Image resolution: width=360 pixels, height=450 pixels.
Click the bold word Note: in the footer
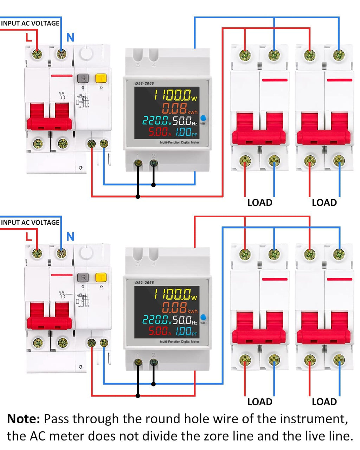click(24, 419)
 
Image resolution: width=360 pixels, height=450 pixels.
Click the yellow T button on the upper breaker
click(101, 78)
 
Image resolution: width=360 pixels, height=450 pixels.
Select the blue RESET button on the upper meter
click(203, 118)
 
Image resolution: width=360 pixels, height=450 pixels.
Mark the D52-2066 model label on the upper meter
click(144, 83)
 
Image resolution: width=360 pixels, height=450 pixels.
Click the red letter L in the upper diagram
click(29, 37)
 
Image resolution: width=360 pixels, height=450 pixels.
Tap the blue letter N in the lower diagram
click(70, 237)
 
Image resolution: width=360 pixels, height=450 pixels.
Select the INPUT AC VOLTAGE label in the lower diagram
click(30, 223)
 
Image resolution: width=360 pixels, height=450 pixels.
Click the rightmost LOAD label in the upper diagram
click(324, 202)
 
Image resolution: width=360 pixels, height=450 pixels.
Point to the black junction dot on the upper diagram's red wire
click(138, 197)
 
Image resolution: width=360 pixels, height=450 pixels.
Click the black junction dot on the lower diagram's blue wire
click(153, 384)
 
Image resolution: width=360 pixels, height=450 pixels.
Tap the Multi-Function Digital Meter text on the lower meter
click(179, 341)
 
